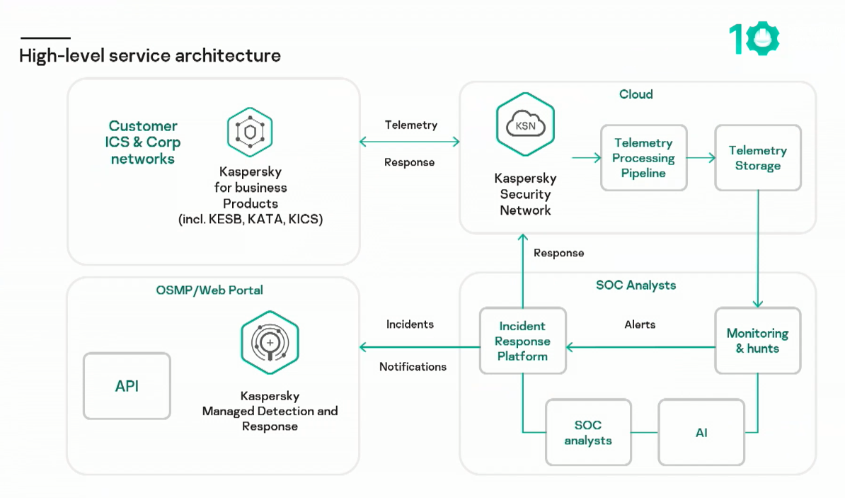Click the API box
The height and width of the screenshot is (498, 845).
[127, 386]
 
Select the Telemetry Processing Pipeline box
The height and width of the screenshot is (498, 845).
[643, 158]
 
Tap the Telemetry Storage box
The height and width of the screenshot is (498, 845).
[757, 158]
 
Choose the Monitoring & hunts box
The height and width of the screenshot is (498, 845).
[757, 341]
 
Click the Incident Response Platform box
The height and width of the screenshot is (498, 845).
[522, 341]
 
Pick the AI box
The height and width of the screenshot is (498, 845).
[701, 432]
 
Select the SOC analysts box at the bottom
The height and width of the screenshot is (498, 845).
[588, 432]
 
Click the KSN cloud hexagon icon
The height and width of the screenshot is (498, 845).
[525, 125]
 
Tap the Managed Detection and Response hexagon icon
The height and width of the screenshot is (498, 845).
[270, 342]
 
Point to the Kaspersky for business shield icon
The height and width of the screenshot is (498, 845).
[250, 132]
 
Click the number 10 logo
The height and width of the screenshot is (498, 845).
[754, 39]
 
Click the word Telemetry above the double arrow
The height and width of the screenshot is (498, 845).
[410, 125]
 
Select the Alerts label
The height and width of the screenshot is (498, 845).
[640, 324]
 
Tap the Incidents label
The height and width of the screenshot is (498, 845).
[410, 324]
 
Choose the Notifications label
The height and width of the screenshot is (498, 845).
[413, 367]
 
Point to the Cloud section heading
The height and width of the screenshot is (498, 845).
[636, 94]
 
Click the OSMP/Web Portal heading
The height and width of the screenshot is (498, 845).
[209, 290]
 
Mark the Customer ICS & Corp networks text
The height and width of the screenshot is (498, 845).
[143, 142]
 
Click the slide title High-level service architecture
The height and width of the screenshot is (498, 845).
[150, 55]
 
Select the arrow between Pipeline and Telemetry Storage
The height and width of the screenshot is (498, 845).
[701, 158]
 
